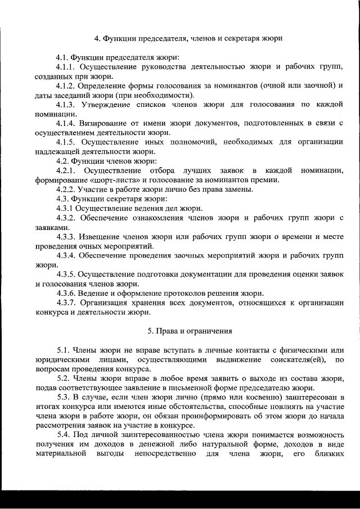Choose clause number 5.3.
[x=64, y=398]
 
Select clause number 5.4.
[x=64, y=436]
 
